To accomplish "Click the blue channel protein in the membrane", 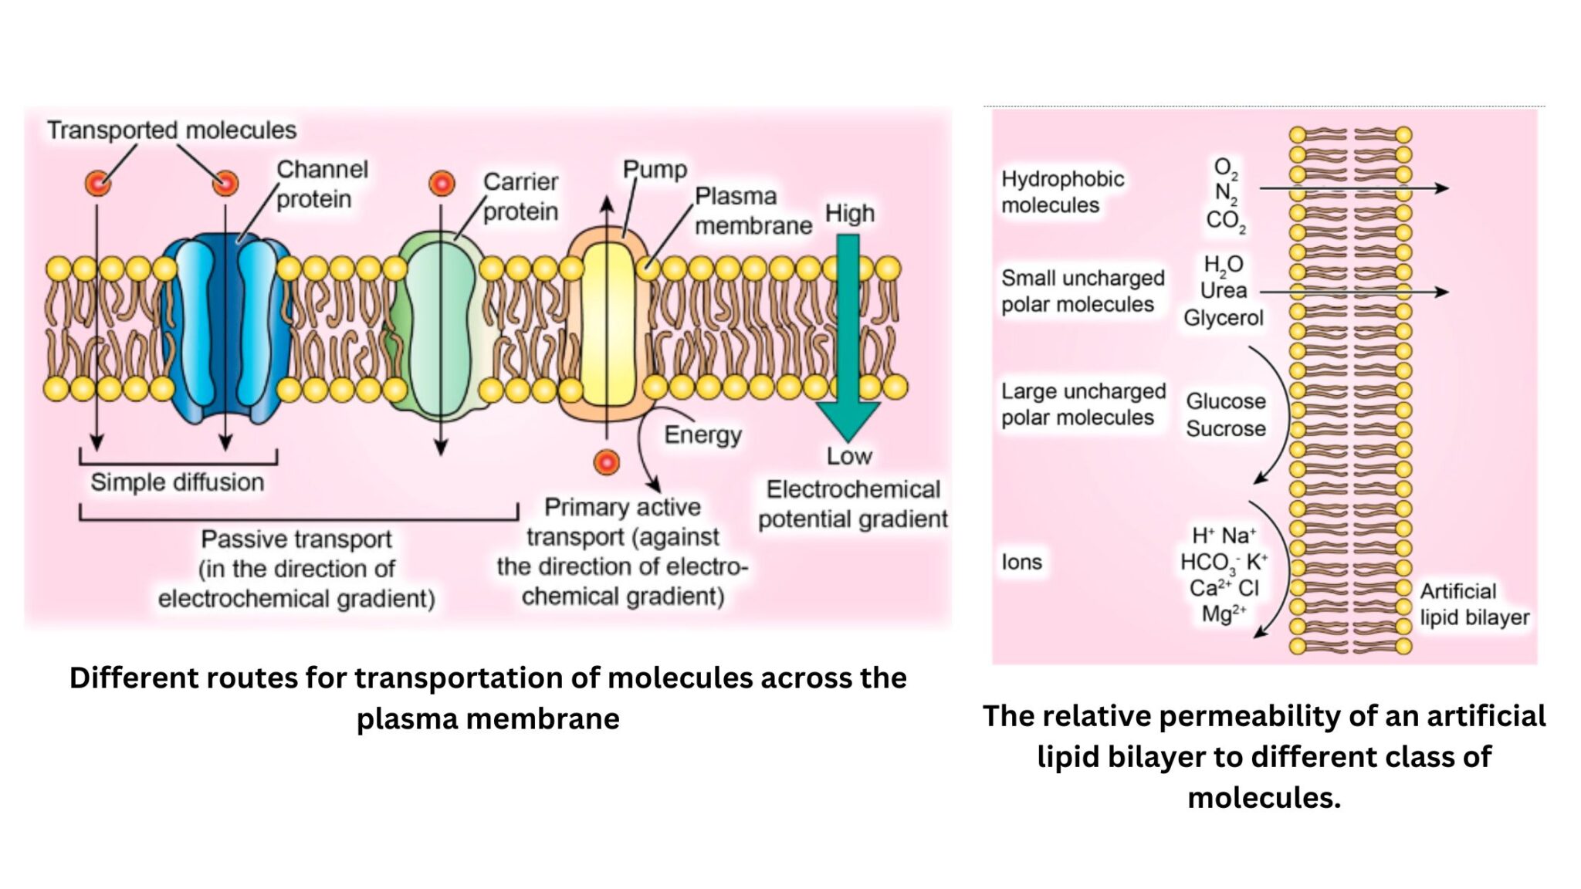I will pos(225,328).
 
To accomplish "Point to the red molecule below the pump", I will pos(607,462).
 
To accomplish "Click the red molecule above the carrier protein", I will pos(442,184).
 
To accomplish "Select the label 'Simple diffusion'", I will pos(177,482).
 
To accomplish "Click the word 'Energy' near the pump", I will pos(702,434).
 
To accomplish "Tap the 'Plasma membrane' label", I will pos(753,211).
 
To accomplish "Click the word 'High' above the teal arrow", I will pos(849,213).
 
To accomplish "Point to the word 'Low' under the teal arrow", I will pos(849,456).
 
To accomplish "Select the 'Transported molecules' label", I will pos(171,130).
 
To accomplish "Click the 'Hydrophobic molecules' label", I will pos(1061,192).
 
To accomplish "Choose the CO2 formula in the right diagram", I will pos(1225,221).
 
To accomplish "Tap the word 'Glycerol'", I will pos(1223,318).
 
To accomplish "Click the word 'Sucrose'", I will pos(1226,428).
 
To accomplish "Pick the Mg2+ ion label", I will pos(1224,614).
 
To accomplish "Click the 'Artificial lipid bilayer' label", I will pos(1473,604).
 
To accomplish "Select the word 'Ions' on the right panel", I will pos(1021,562).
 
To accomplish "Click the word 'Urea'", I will pos(1223,291).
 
